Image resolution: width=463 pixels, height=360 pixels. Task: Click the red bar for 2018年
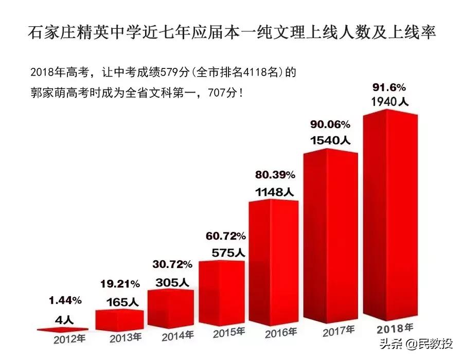coord(389,216)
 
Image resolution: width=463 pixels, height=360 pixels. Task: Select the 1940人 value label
coord(389,102)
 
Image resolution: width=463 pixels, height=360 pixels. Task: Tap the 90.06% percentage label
coord(330,124)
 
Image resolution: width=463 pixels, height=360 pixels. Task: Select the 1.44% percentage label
coord(65,299)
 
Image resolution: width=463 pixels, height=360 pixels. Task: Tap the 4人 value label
coord(65,319)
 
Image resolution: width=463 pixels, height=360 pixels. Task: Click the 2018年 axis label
coord(395,328)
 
